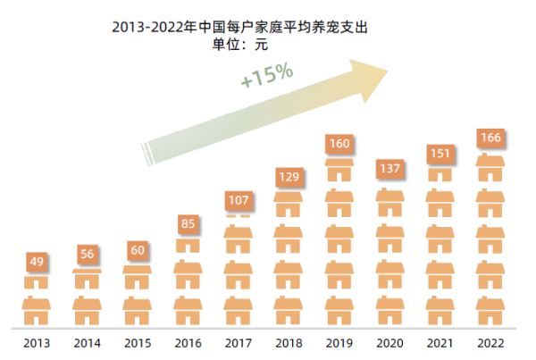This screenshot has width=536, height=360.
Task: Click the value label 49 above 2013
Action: point(37,262)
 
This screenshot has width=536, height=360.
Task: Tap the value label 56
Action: point(87,255)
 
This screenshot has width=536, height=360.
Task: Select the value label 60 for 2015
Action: point(137,249)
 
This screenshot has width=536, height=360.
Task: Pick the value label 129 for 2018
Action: point(288,177)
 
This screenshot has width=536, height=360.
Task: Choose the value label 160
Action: point(338,143)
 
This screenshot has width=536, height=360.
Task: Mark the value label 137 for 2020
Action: point(389,169)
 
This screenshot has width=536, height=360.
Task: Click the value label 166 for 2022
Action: point(490,138)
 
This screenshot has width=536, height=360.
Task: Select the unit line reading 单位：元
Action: point(240,42)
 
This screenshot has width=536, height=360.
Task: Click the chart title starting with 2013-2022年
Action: point(240,26)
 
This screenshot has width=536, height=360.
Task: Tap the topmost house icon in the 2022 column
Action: point(490,167)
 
